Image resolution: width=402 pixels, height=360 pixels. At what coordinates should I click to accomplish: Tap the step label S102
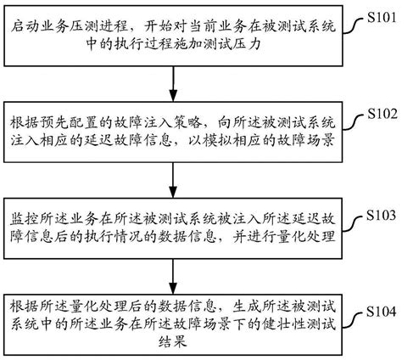tap(378, 113)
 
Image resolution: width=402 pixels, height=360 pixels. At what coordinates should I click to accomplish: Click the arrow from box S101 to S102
tap(174, 85)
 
